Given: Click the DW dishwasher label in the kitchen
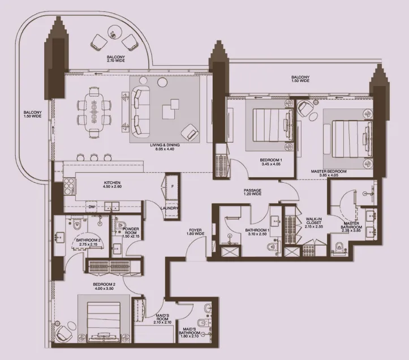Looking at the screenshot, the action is [91, 207].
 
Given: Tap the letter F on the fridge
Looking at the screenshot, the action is [173, 186].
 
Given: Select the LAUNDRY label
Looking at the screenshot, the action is [170, 208].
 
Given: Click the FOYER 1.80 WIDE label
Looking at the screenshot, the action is [195, 232].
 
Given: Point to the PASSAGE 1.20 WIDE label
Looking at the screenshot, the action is [252, 192].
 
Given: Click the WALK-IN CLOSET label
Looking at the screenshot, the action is [314, 221].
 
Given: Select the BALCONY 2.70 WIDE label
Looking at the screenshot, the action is [116, 58].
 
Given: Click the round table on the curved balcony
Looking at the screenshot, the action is [115, 32].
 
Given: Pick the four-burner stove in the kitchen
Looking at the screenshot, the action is [70, 186].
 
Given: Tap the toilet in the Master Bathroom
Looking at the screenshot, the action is [339, 247].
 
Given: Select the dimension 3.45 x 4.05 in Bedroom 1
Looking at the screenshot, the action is [271, 164].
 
